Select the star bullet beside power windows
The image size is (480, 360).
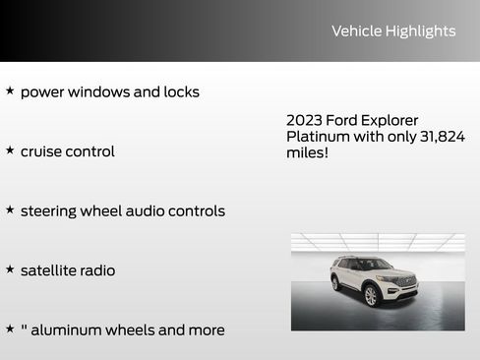pyautogui.click(x=10, y=90)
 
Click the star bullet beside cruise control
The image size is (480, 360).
pyautogui.click(x=10, y=150)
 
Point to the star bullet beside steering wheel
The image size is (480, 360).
pyautogui.click(x=10, y=210)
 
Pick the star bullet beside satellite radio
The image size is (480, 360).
pyautogui.click(x=10, y=269)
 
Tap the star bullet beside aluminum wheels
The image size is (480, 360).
pyautogui.click(x=10, y=329)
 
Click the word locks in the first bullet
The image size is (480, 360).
pyautogui.click(x=179, y=91)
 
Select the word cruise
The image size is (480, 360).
pyautogui.click(x=43, y=151)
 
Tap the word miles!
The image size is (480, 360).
pyautogui.click(x=307, y=153)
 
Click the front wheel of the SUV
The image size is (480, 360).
pyautogui.click(x=371, y=295)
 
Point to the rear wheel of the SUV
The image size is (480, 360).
pyautogui.click(x=336, y=283)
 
